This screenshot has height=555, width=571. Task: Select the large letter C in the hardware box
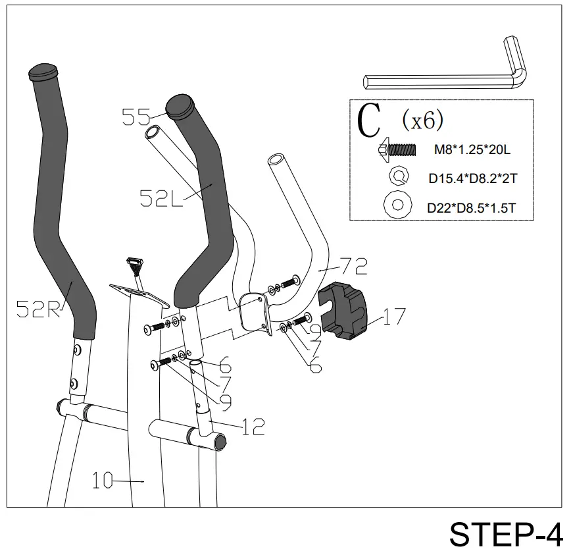click(x=370, y=120)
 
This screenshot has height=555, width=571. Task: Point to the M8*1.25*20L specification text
click(x=472, y=150)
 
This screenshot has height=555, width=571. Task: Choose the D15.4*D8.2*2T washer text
click(x=472, y=178)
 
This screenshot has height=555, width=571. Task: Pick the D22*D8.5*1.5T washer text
click(x=471, y=207)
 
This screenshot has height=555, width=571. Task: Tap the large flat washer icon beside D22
click(x=397, y=205)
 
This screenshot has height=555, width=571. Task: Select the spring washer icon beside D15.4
click(x=399, y=176)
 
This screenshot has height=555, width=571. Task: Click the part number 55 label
click(x=136, y=117)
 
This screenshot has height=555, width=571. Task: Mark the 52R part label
click(x=37, y=309)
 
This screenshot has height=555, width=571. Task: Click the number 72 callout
click(x=353, y=266)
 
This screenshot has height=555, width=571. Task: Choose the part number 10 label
click(x=103, y=481)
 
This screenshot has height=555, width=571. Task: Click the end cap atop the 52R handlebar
click(x=43, y=70)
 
